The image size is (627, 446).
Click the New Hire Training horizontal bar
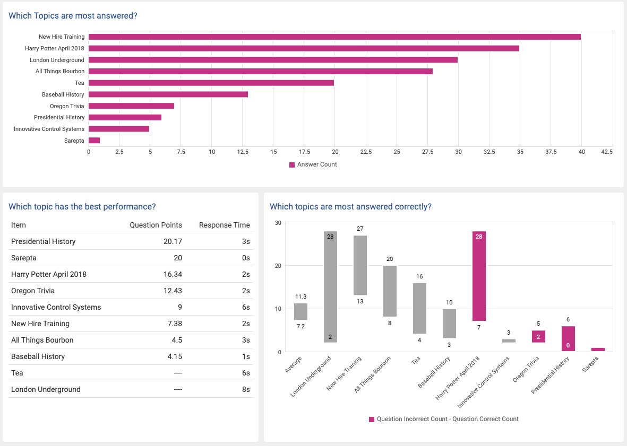click(x=334, y=37)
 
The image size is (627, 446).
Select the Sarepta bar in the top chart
click(x=95, y=141)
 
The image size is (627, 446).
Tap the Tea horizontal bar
click(x=211, y=83)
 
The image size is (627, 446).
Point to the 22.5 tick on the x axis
click(x=366, y=152)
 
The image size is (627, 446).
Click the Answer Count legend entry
click(x=313, y=164)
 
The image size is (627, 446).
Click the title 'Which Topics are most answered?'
click(x=73, y=15)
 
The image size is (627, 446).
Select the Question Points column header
click(x=156, y=225)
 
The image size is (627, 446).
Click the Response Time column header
click(x=224, y=225)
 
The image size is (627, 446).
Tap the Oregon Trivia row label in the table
click(x=33, y=291)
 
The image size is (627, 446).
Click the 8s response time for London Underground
click(x=245, y=389)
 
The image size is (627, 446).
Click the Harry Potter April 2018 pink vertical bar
click(x=479, y=276)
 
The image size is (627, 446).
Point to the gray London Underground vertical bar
click(x=330, y=286)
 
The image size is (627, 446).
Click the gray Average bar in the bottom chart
click(x=300, y=311)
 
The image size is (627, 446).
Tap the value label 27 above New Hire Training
click(x=360, y=229)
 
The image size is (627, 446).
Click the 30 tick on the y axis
click(x=278, y=223)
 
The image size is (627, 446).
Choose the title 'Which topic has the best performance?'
click(x=82, y=206)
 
